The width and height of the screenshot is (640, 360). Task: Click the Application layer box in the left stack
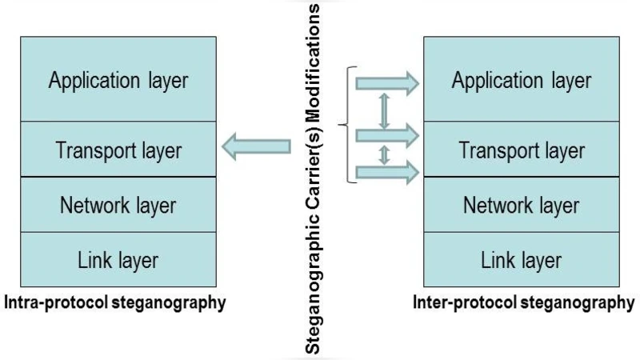coord(118,79)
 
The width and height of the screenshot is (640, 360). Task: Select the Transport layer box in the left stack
coord(118,150)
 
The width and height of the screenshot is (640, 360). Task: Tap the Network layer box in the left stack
coord(118,205)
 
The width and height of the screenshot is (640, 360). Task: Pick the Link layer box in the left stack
coord(118,259)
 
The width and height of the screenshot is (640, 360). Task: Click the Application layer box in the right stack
coord(521,79)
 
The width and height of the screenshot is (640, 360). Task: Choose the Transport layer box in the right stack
coord(521,150)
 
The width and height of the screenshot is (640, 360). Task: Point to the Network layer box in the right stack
coord(521,205)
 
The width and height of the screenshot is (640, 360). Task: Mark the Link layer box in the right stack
coord(521,259)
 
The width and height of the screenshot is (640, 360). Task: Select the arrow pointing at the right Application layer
coord(387,81)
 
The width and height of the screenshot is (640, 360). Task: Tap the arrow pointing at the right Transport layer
coord(387,134)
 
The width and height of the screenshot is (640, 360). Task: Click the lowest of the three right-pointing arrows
coord(387,170)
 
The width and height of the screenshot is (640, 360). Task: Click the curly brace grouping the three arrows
coord(346,125)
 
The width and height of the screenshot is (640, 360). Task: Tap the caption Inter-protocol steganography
coord(523,303)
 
